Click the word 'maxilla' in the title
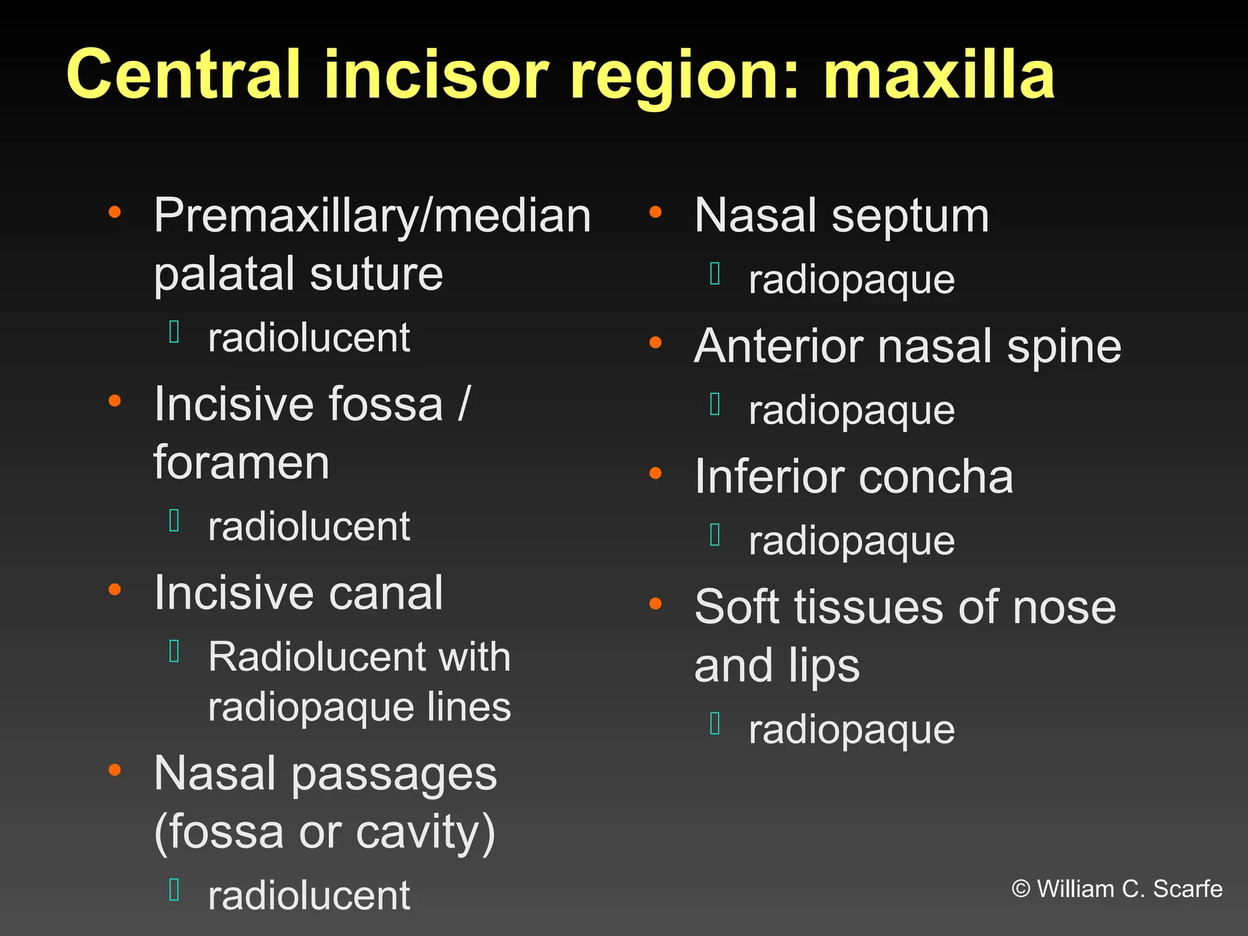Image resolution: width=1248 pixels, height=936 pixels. (x=938, y=74)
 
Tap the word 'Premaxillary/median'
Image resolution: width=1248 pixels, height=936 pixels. (x=372, y=216)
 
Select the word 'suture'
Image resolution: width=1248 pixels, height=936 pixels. (x=376, y=274)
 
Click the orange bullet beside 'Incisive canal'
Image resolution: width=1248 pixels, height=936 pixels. (x=115, y=589)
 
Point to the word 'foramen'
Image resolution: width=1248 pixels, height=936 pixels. (x=241, y=463)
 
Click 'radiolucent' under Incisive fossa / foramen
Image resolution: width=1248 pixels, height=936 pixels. (x=309, y=526)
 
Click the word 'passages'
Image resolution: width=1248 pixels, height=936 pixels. (x=394, y=775)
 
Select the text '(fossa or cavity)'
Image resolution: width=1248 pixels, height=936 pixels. (x=324, y=832)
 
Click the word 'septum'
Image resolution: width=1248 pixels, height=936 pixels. (x=910, y=216)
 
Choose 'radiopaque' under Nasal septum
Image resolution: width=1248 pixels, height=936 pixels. (x=851, y=280)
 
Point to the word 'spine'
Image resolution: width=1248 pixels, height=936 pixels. (x=1064, y=347)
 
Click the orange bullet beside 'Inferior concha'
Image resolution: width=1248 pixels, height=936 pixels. (x=656, y=473)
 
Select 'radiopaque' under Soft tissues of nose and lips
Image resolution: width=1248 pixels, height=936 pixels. (x=851, y=729)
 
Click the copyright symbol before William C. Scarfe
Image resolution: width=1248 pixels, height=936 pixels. (x=1021, y=889)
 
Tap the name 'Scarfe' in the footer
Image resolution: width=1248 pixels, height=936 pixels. (x=1188, y=889)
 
